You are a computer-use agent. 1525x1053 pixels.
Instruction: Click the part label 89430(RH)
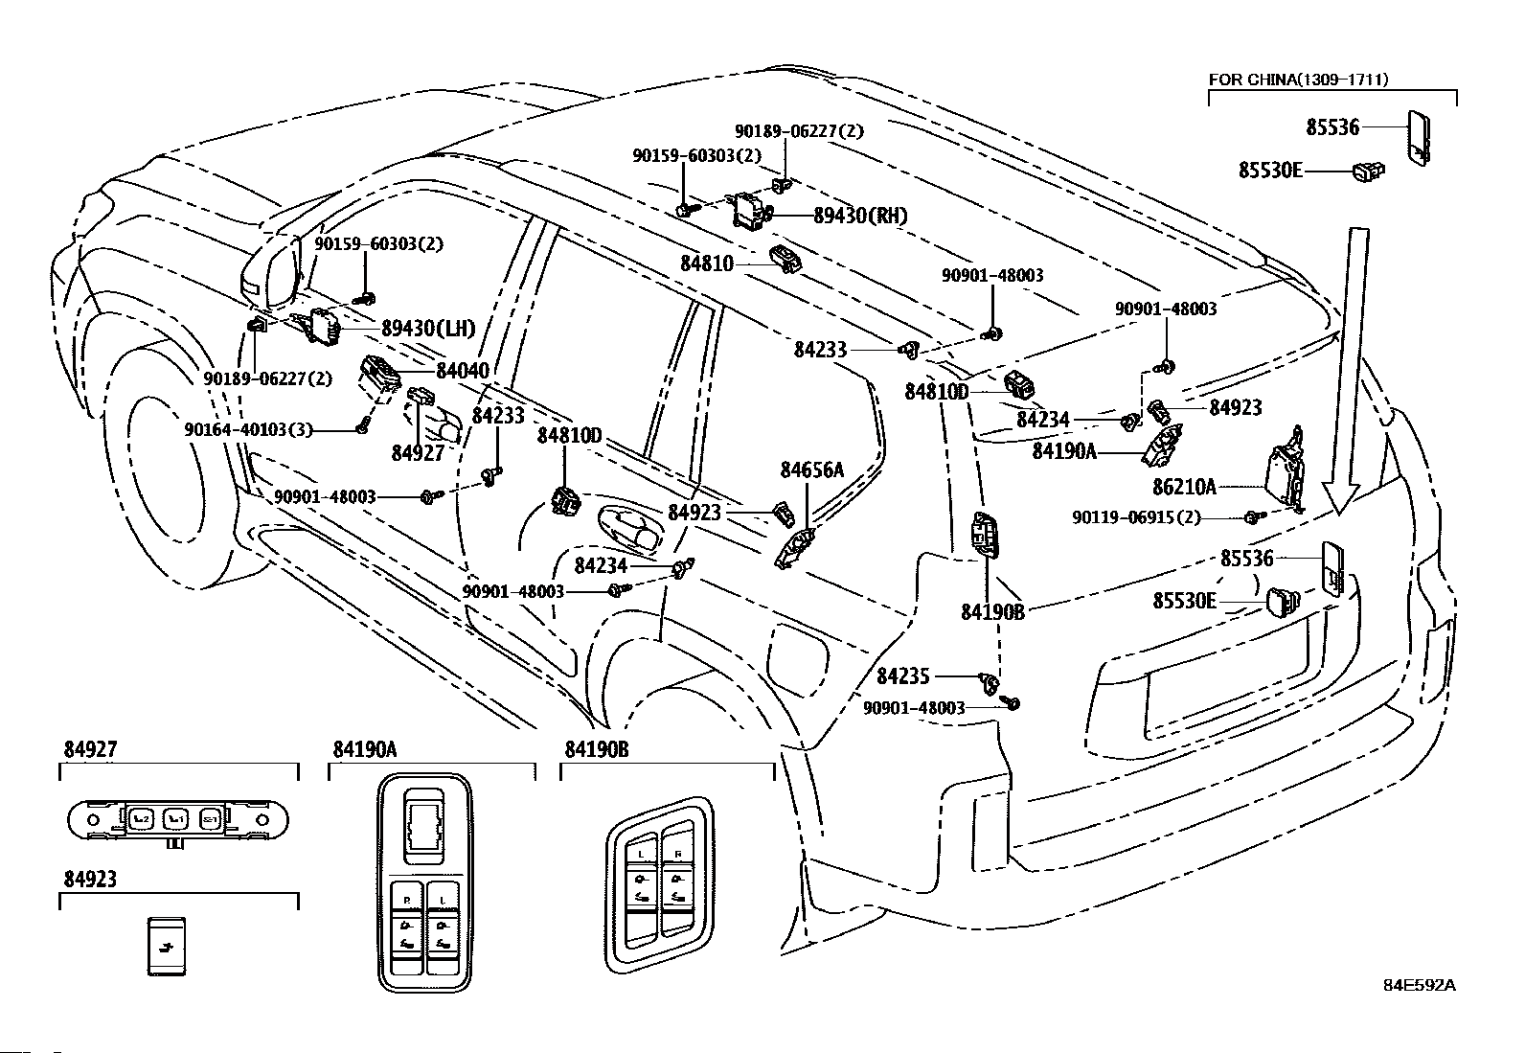[859, 217]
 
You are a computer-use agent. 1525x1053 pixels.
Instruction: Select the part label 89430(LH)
[427, 329]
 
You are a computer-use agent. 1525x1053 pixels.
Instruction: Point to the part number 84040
[462, 371]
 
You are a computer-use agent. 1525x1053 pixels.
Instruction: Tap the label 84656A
[811, 469]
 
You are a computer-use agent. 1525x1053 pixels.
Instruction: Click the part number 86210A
[1184, 487]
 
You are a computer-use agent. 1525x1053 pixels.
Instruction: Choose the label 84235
[902, 676]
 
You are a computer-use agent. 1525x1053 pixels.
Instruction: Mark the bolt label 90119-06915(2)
[1135, 517]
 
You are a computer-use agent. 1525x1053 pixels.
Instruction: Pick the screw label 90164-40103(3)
[248, 430]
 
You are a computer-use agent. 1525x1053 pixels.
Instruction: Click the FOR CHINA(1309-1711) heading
[1298, 80]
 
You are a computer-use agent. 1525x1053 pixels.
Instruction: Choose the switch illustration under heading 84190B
[661, 882]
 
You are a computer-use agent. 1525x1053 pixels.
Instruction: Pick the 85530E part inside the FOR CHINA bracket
[1369, 172]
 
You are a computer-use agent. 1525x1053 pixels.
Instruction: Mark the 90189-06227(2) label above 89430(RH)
[799, 131]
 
